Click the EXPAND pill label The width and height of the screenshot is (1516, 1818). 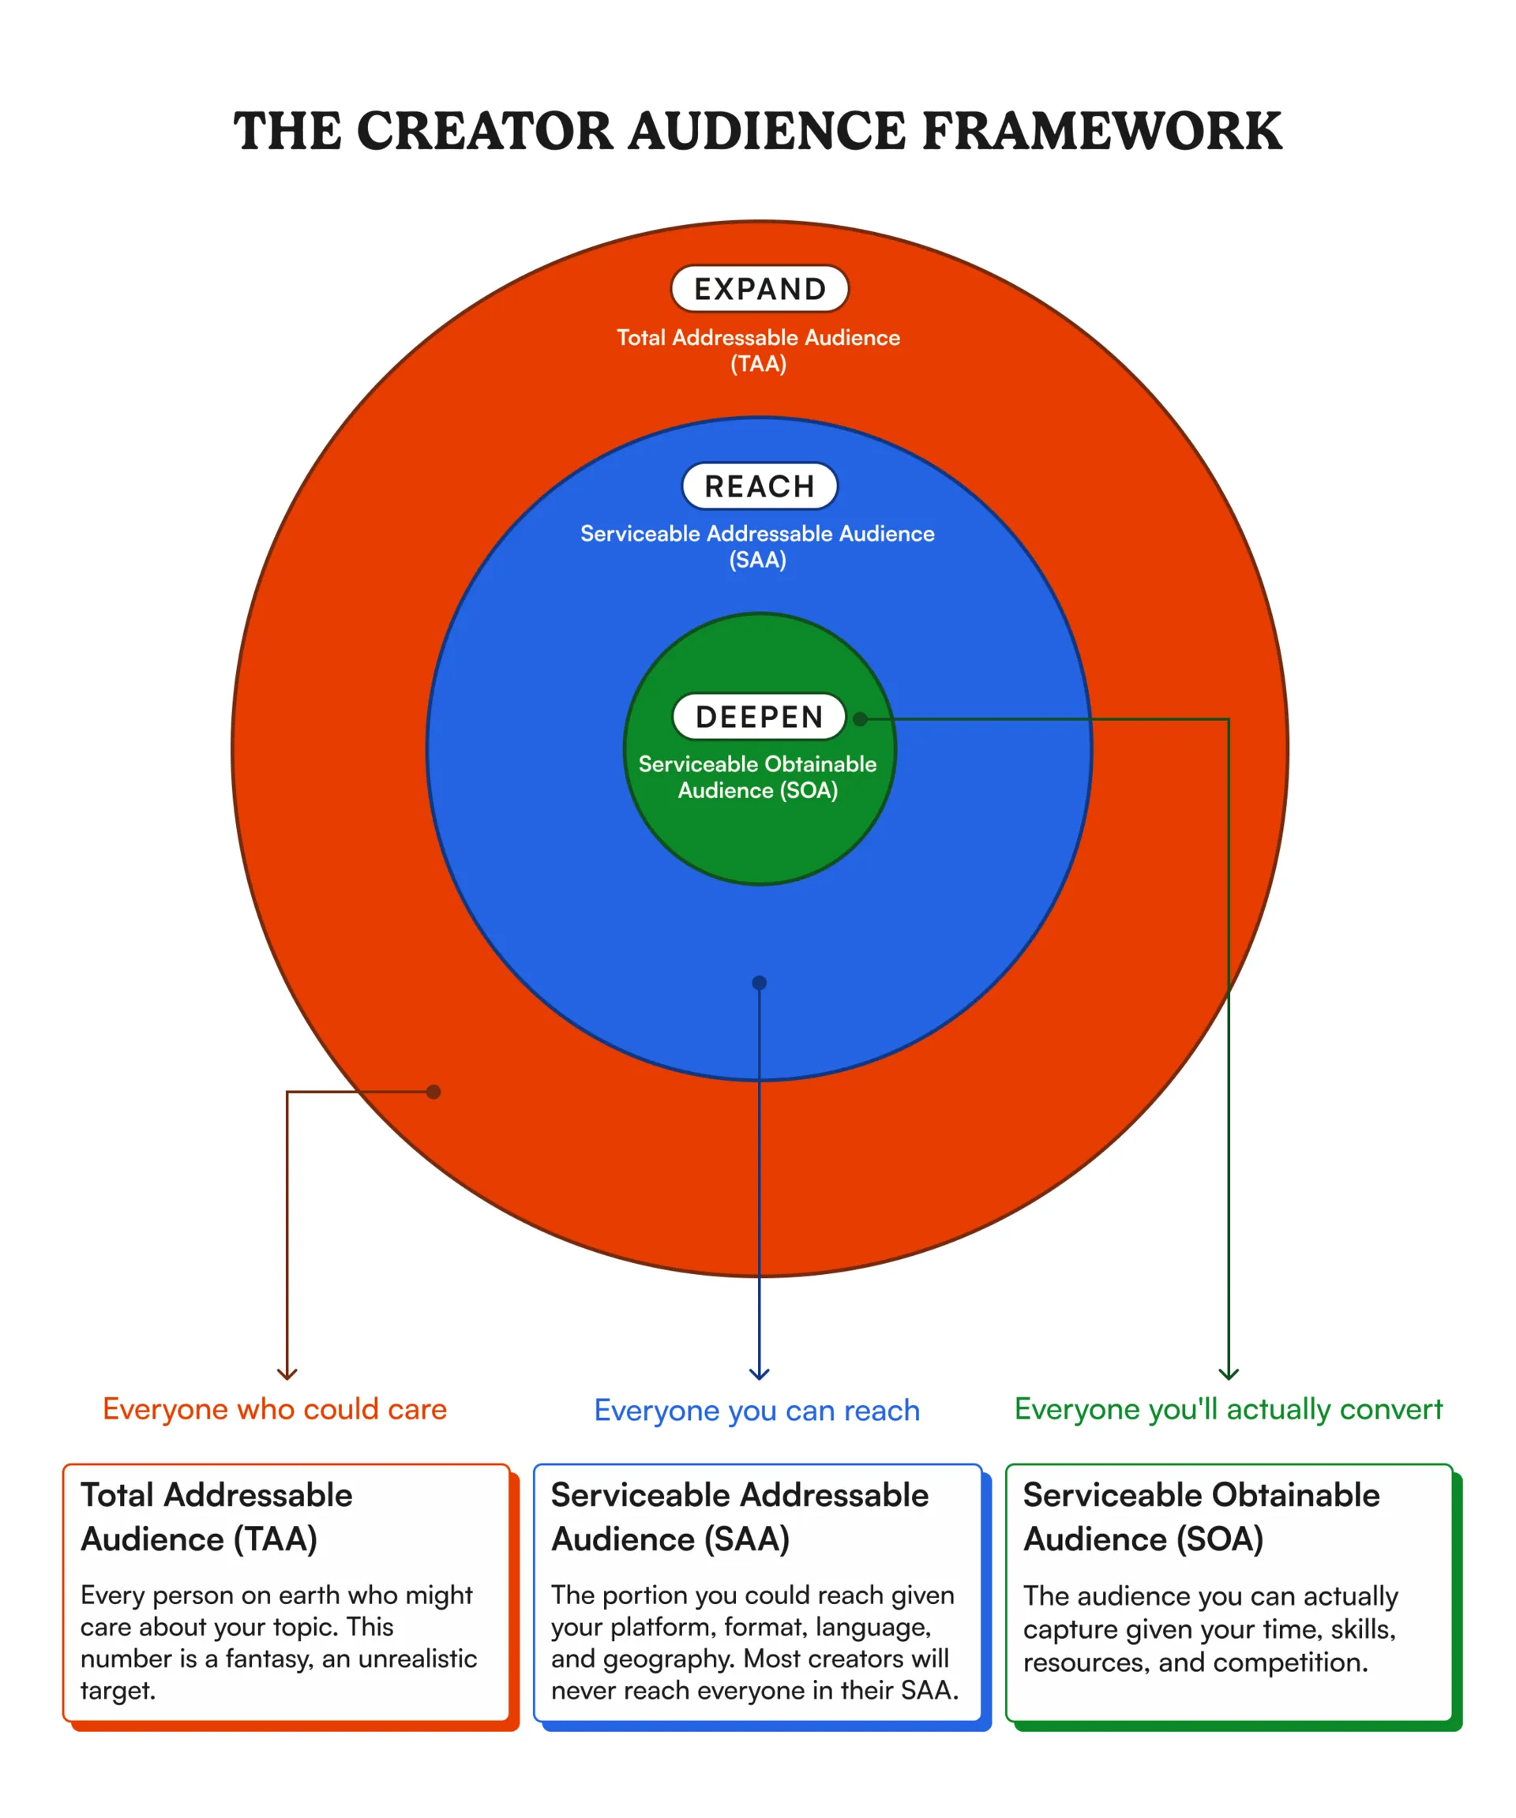[760, 288]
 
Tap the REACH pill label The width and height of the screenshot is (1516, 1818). [760, 485]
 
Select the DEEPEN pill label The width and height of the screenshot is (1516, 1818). [760, 716]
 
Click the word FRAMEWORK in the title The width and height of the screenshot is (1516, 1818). [1101, 132]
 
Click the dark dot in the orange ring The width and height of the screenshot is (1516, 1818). [433, 1092]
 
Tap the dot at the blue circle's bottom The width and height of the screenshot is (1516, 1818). [760, 983]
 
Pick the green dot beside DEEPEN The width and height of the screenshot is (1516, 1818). [861, 718]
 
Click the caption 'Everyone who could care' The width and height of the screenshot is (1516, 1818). [275, 1408]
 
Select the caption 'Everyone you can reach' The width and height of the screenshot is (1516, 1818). [756, 1410]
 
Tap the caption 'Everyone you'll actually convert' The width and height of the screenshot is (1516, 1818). [1229, 1408]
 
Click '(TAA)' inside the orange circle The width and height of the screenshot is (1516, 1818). [759, 364]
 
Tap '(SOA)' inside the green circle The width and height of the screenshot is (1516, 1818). [809, 790]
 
